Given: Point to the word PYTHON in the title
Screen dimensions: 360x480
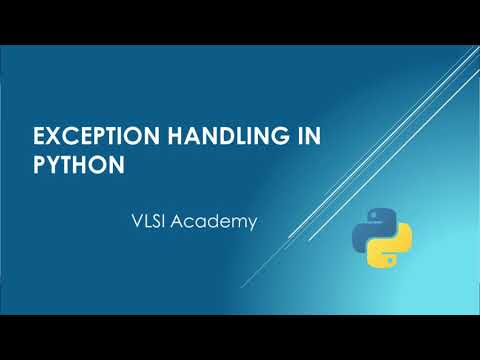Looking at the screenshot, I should click(x=79, y=163).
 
